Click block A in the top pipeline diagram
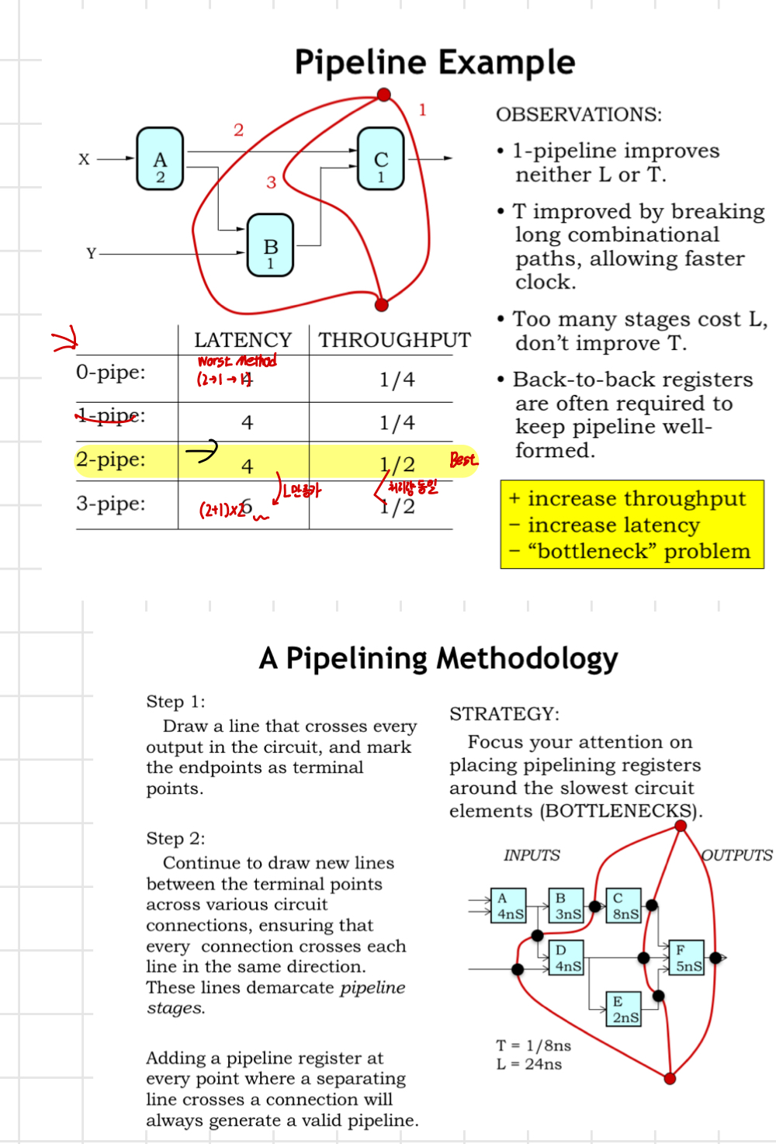160,159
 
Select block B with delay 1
270,245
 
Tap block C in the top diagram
381,159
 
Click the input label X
84,159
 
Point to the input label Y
91,254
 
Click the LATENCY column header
243,340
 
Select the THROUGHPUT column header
394,340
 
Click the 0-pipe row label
111,373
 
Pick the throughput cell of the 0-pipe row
397,380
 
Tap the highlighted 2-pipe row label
111,459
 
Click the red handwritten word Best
463,459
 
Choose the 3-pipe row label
111,504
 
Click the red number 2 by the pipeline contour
238,130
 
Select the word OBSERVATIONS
579,115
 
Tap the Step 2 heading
175,838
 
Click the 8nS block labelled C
624,906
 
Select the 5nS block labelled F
687,958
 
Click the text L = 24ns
529,1064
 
